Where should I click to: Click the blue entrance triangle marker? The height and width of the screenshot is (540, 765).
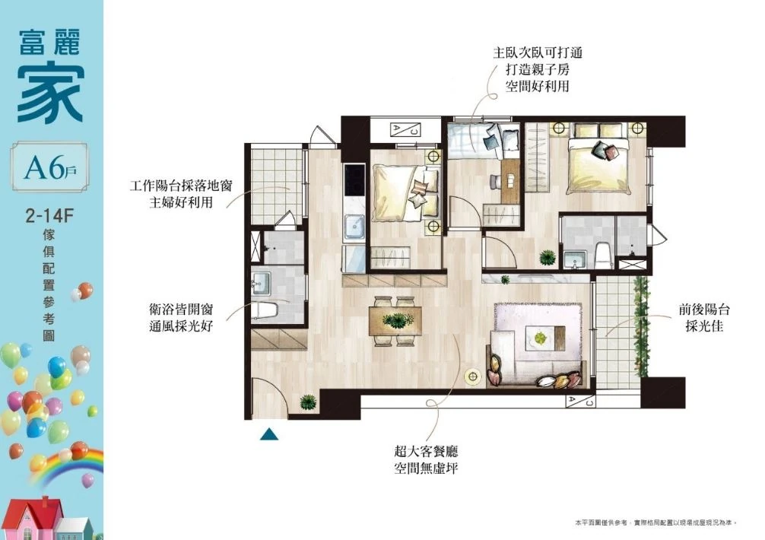click(x=269, y=434)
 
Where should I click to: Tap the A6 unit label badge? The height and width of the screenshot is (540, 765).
click(x=49, y=167)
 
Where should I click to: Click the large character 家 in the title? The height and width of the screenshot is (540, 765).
click(x=50, y=94)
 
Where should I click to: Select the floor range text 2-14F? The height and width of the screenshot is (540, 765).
click(x=49, y=215)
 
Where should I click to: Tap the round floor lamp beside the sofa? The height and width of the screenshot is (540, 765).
click(x=471, y=377)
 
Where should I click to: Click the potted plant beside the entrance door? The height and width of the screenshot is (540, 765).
click(x=308, y=402)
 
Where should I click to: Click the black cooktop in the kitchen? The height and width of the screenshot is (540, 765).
click(x=354, y=179)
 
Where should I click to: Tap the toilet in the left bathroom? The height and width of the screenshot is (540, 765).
click(x=265, y=310)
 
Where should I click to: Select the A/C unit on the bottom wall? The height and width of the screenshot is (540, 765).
click(x=580, y=402)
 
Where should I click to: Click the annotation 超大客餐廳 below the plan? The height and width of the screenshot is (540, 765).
click(x=426, y=451)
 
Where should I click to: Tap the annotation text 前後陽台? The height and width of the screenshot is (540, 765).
click(x=704, y=310)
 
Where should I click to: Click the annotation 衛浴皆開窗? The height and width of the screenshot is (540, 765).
click(x=181, y=310)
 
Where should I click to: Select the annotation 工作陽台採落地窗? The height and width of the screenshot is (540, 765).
click(x=181, y=186)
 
